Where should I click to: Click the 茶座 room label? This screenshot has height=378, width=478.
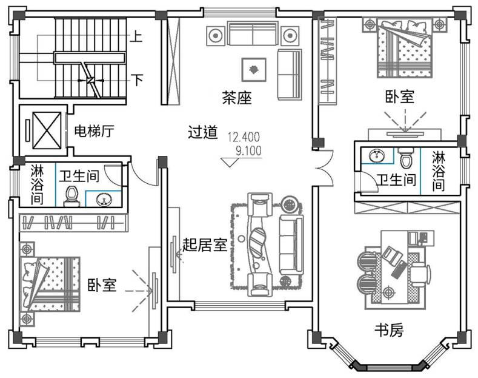[x=237, y=98]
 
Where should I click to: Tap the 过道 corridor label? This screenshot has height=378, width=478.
[x=202, y=132]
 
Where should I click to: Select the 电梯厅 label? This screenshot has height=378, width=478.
[x=94, y=130]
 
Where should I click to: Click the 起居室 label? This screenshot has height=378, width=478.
[x=205, y=245]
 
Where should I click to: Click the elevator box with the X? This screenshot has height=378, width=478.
[x=47, y=130]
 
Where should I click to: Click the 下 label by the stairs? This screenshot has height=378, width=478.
[x=138, y=80]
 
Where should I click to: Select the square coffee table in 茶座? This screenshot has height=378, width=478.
[x=254, y=69]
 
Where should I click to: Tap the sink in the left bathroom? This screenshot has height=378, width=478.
[x=102, y=198]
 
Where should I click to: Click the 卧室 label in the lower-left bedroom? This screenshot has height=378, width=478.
[x=102, y=285]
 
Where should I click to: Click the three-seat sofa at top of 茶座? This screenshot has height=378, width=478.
[x=253, y=34]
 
